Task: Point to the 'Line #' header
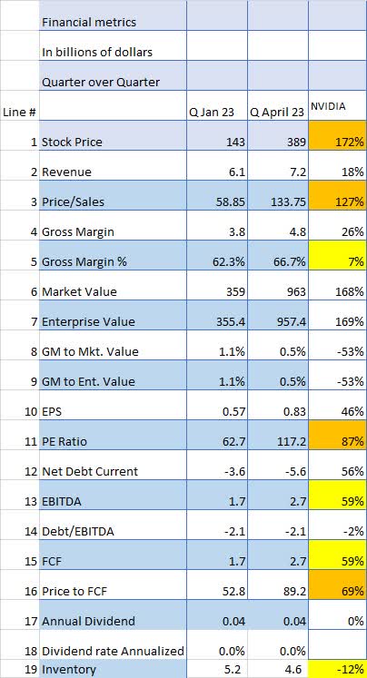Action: [x=20, y=112]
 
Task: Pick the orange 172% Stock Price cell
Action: [x=337, y=142]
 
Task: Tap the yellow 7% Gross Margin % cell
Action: [x=337, y=261]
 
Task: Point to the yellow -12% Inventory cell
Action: [x=337, y=670]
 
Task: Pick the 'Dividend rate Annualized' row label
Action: [x=113, y=651]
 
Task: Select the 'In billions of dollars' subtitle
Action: [x=98, y=52]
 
